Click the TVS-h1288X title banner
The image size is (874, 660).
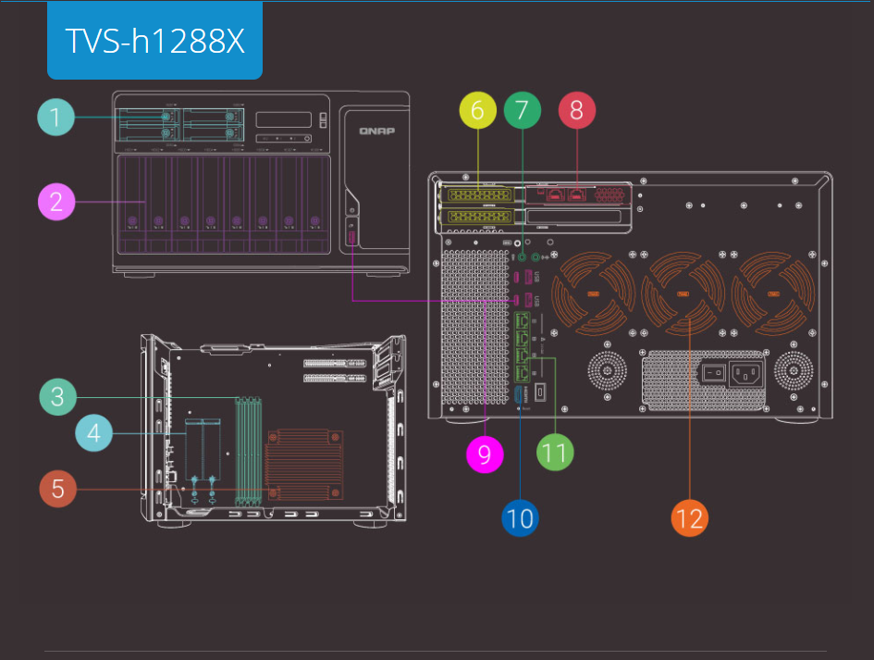[154, 41]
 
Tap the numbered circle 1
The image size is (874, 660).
[55, 118]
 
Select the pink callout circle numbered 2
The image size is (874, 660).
[55, 201]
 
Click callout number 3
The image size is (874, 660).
[57, 397]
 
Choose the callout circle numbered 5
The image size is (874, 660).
[57, 488]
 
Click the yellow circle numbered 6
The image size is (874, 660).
[477, 110]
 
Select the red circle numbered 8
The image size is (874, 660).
[576, 110]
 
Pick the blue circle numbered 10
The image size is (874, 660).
[521, 517]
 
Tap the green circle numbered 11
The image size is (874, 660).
[555, 453]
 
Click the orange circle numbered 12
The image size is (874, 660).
[690, 517]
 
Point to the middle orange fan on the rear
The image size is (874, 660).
[684, 295]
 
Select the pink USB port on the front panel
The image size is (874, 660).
[351, 238]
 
